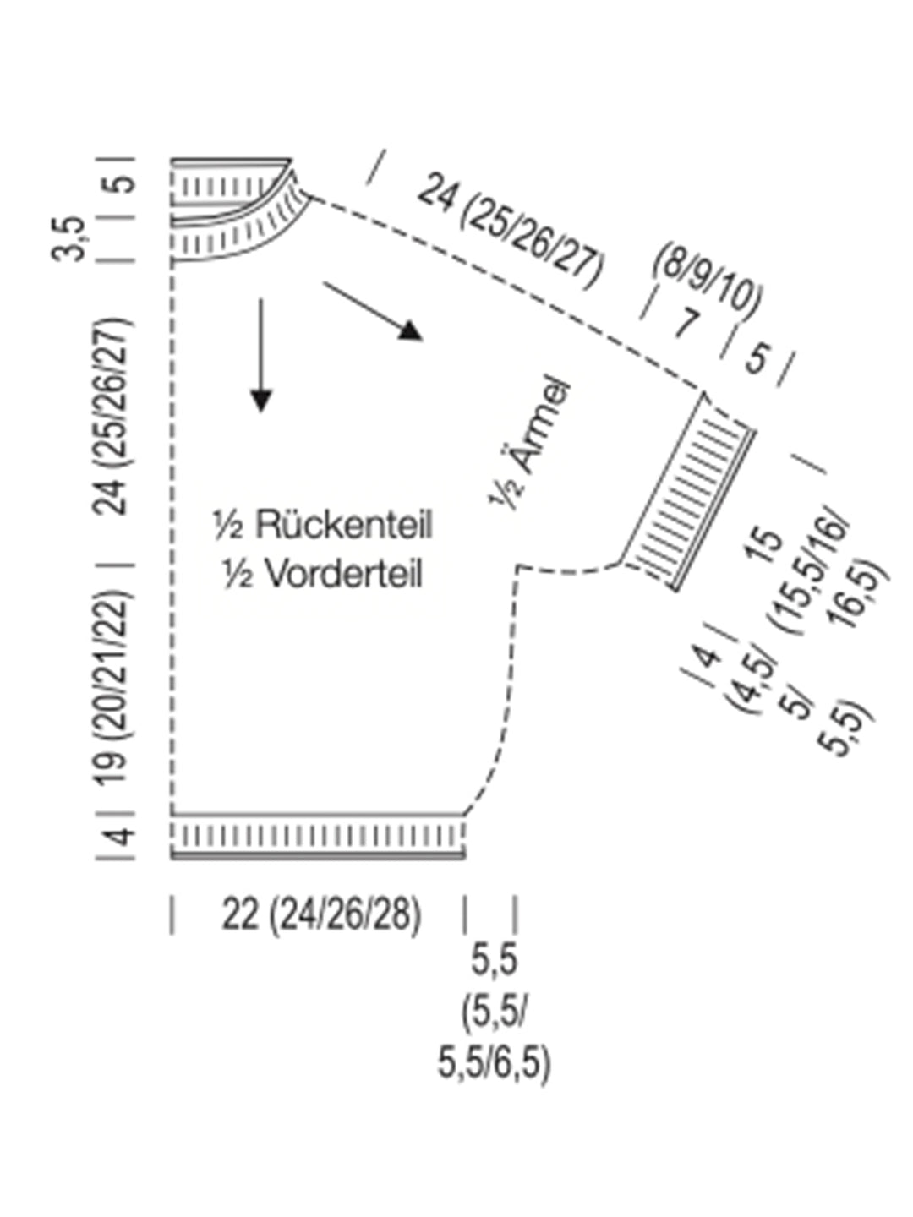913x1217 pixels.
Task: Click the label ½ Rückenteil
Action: tap(322, 525)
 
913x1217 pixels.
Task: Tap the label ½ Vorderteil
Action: tap(322, 574)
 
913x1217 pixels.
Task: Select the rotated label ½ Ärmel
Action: tap(531, 443)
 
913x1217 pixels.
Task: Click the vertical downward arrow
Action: tap(261, 355)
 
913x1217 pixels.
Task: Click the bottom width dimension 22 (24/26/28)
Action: tap(321, 914)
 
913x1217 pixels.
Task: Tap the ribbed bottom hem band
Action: tap(319, 837)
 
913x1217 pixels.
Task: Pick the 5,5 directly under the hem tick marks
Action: tap(495, 961)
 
